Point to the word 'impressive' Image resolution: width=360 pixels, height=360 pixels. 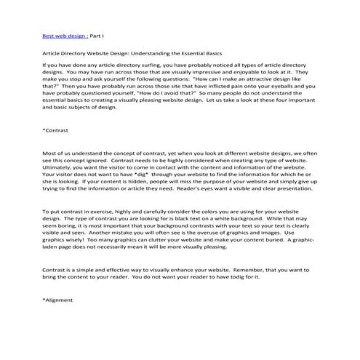pyautogui.click(x=220, y=73)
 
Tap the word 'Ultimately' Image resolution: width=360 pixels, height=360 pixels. pyautogui.click(x=59, y=167)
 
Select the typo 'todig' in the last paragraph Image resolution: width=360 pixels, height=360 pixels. pyautogui.click(x=241, y=276)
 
